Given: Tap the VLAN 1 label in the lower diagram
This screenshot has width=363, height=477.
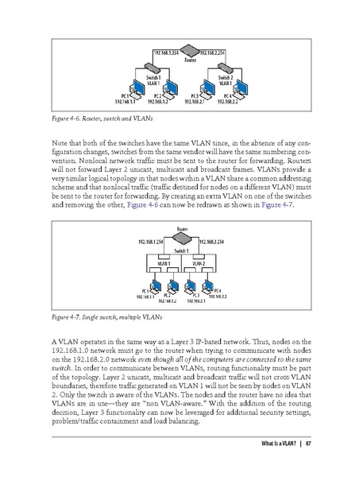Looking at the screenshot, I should tap(164, 262).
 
